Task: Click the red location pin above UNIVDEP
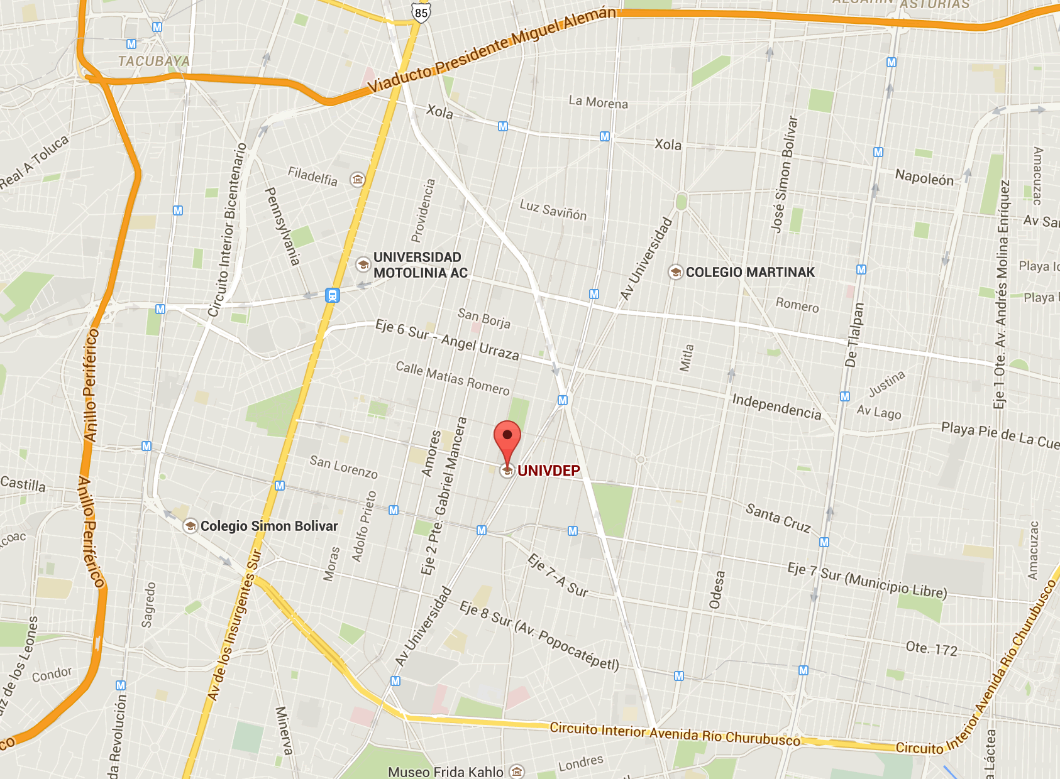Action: [507, 437]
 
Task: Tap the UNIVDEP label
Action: [548, 471]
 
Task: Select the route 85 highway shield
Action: [421, 13]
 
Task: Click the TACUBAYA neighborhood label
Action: [153, 61]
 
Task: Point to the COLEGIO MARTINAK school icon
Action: [675, 272]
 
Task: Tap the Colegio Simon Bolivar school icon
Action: [190, 526]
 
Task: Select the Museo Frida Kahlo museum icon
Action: [516, 771]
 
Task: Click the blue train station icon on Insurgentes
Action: [332, 295]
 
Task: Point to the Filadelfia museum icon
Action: [358, 180]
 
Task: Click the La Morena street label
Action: [598, 102]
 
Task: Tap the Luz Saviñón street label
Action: [553, 210]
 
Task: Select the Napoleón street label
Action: [924, 178]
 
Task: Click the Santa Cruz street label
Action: [778, 518]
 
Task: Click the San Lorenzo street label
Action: [343, 467]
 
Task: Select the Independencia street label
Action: [776, 406]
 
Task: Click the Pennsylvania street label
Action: [282, 226]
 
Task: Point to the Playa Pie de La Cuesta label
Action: [1000, 435]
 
